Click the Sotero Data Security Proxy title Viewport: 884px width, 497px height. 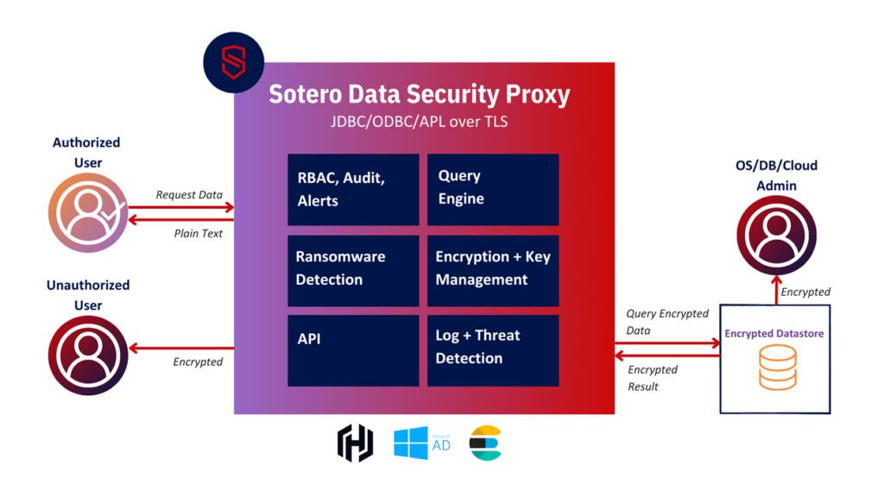pos(419,93)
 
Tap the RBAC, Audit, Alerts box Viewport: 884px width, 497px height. pos(353,189)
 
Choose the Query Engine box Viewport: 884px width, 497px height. pos(493,189)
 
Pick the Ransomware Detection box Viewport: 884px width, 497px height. pos(353,268)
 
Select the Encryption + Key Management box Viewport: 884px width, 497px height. pos(493,268)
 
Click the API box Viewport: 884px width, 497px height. pos(353,349)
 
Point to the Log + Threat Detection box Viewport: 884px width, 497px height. pos(493,349)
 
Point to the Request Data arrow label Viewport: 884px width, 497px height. pos(189,195)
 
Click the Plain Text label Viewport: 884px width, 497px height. pos(198,233)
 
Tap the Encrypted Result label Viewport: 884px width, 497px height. pos(653,378)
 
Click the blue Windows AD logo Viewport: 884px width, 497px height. pos(420,443)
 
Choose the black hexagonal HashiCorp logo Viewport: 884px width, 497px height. pos(355,444)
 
